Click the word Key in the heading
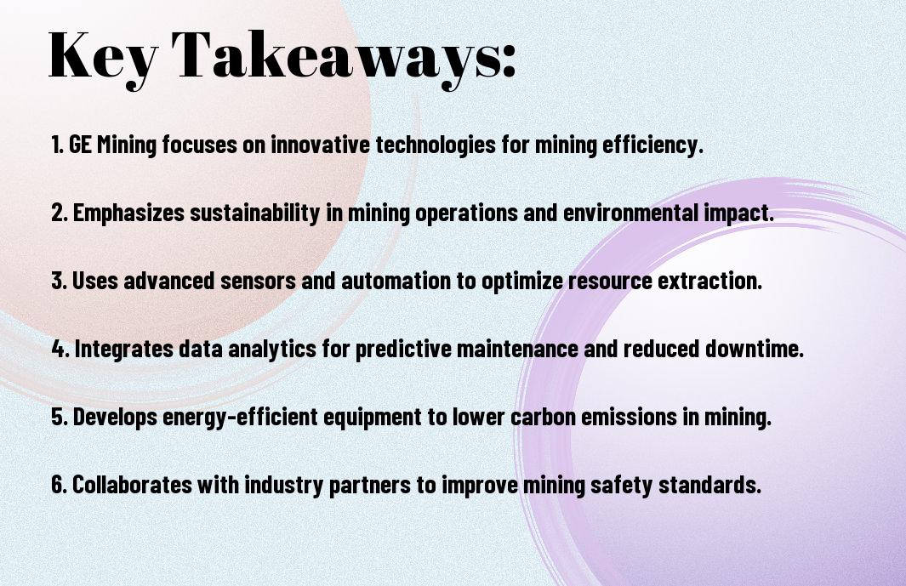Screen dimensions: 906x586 tap(103, 56)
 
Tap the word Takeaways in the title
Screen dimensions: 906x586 tap(338, 56)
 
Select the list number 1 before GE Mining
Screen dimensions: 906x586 tap(57, 145)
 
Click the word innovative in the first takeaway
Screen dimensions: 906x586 tap(320, 145)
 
